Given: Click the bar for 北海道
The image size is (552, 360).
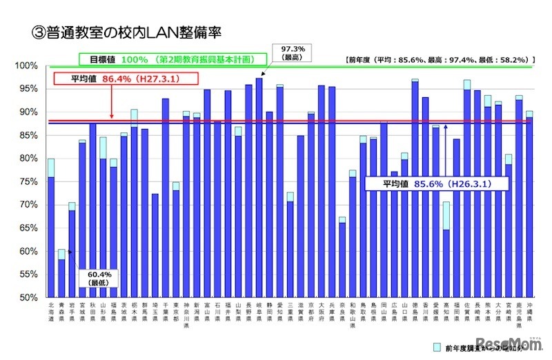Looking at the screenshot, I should (51, 234).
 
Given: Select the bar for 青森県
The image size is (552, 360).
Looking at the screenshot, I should (61, 276).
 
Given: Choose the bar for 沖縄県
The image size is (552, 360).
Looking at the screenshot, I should (529, 207).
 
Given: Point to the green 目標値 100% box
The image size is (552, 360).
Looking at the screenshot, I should (172, 59).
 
